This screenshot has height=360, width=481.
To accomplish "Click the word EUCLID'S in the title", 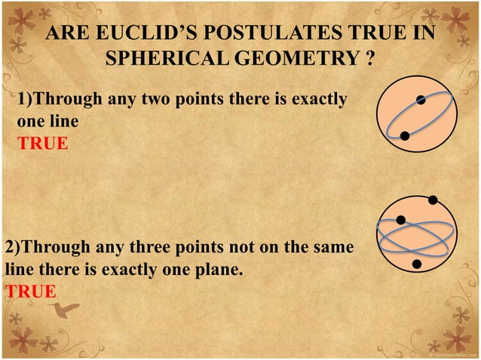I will [147, 34].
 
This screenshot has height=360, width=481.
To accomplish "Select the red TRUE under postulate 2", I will [30, 291].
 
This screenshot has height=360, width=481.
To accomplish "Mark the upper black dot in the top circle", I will [421, 100].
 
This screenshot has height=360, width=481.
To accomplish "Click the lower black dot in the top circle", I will [405, 136].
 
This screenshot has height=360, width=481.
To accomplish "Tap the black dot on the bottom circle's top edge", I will [433, 200].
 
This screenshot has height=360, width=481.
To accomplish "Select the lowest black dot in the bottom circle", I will [417, 264].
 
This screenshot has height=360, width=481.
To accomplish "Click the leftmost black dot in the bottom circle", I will [401, 220].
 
